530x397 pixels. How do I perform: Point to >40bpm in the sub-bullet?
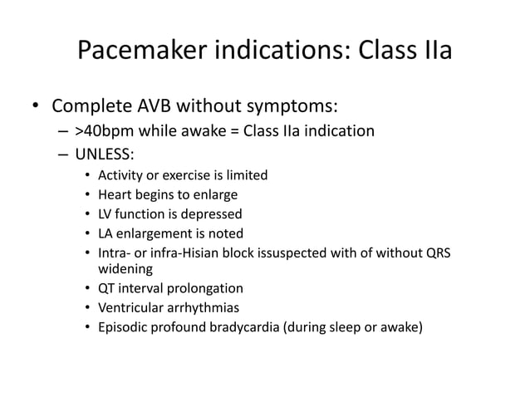pyautogui.click(x=100, y=131)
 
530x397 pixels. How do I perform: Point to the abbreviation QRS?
pyautogui.click(x=438, y=252)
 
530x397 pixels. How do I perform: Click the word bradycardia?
pyautogui.click(x=243, y=327)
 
